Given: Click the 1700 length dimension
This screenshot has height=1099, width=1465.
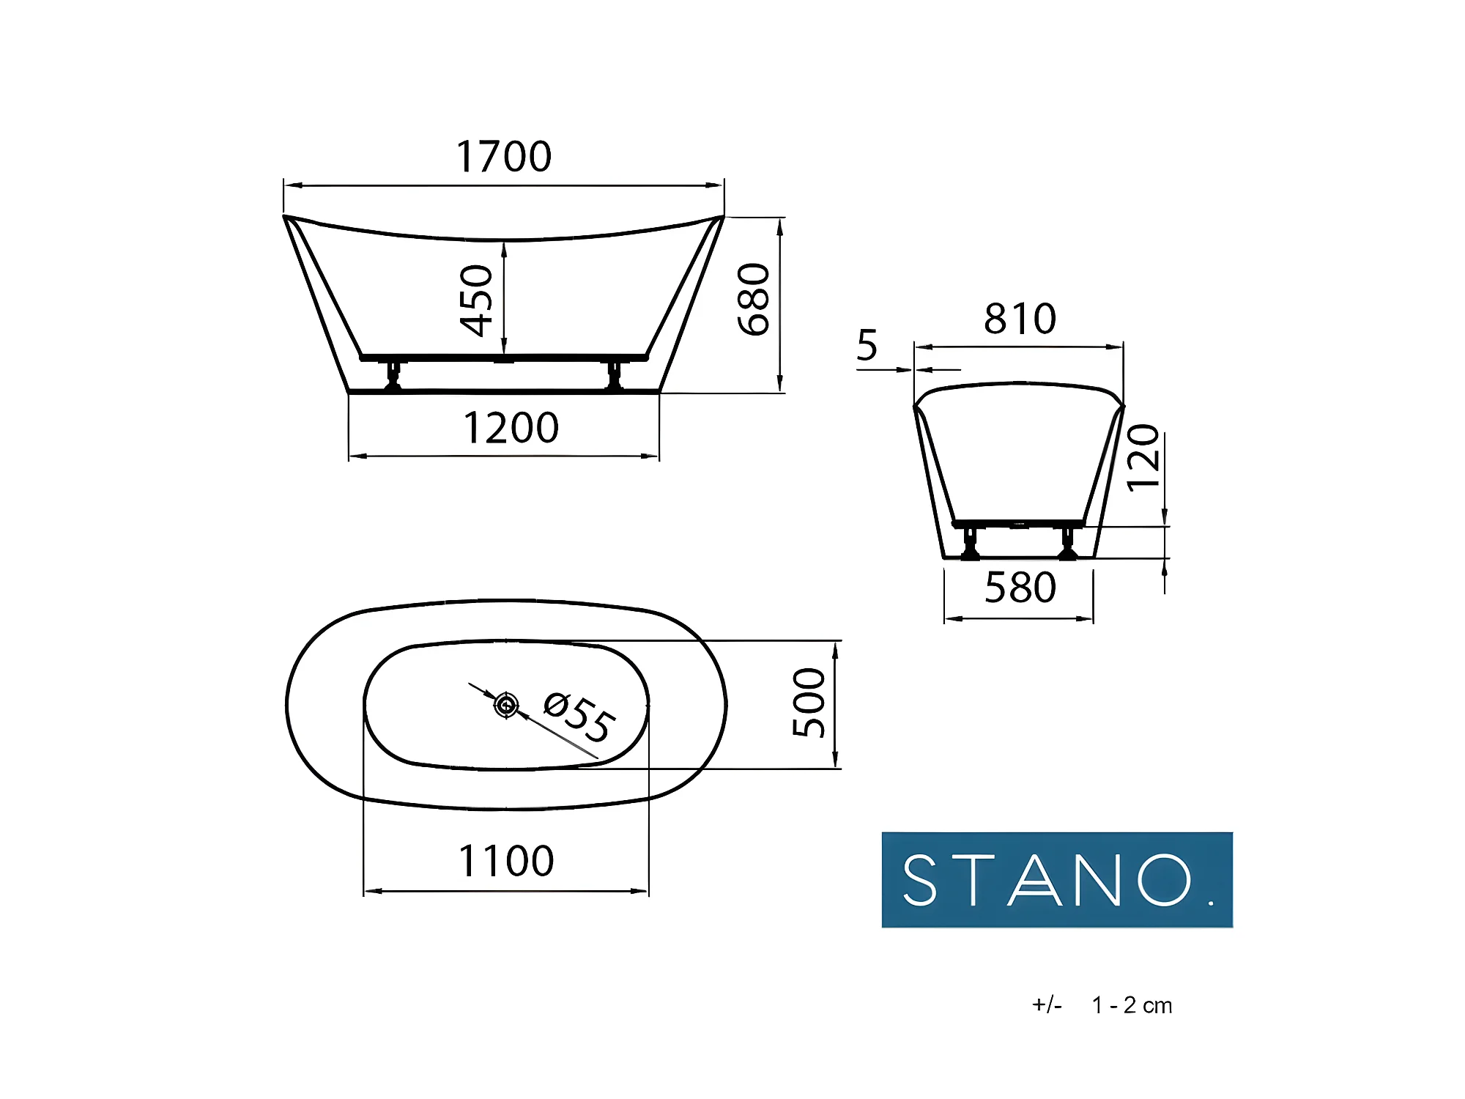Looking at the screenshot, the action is pos(504,156).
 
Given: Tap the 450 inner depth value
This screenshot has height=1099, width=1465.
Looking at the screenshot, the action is pos(477,300).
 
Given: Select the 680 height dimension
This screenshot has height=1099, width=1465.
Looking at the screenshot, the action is pos(754,299).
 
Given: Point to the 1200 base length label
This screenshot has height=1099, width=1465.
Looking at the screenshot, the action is pos(511,428).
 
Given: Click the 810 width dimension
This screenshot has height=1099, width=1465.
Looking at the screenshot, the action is pos(1020,319).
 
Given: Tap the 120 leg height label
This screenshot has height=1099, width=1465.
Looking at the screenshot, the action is pos(1143,458).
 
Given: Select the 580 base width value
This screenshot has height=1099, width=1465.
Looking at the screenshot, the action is pos(1020,588).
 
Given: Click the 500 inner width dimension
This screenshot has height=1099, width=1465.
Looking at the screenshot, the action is pos(809,703).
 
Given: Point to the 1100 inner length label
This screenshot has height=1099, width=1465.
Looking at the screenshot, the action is pos(506,861).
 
